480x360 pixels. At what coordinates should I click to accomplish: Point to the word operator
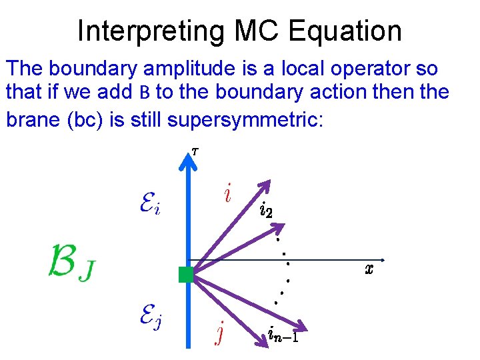(381, 68)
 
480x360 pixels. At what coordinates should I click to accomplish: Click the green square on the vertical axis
(186, 274)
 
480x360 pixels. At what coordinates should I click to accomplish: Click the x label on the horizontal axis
(369, 269)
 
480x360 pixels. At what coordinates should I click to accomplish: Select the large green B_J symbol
(70, 264)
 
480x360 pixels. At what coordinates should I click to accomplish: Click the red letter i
(228, 195)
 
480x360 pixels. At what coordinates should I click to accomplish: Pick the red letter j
(219, 331)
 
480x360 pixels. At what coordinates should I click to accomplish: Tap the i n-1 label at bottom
(283, 331)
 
